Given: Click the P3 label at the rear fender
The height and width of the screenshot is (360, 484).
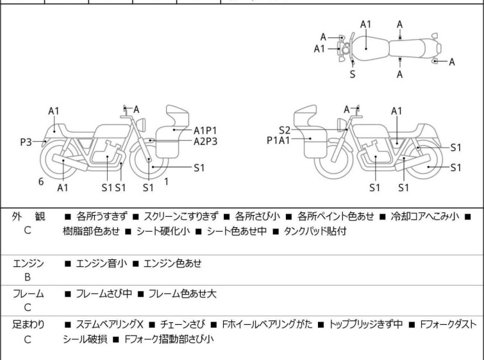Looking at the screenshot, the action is [x=26, y=142].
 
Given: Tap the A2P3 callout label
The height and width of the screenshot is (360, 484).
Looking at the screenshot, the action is [x=206, y=142].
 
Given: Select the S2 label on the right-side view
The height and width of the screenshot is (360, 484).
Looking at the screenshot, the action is [x=285, y=130].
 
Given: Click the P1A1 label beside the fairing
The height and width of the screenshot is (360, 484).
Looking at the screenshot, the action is [x=278, y=141].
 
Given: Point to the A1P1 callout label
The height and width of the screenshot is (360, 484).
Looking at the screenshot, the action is [x=205, y=131].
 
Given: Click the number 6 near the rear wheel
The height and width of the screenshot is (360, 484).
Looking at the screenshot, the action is [x=41, y=182].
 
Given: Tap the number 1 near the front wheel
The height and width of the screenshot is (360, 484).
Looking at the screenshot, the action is [x=167, y=182].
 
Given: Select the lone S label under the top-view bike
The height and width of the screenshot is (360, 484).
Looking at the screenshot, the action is [x=353, y=74].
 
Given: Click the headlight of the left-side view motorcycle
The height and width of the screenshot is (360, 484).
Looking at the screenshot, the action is [x=141, y=124].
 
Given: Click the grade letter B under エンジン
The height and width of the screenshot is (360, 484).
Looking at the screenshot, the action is [x=28, y=277].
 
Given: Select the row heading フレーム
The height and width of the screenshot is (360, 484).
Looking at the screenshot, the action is [x=28, y=293].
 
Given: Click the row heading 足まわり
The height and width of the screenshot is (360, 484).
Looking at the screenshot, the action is [x=28, y=324].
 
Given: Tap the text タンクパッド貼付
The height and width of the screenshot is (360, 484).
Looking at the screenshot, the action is [x=315, y=231].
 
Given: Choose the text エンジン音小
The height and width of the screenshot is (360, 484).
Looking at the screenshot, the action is [x=101, y=263].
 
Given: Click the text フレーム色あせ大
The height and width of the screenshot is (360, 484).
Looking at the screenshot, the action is [x=183, y=293].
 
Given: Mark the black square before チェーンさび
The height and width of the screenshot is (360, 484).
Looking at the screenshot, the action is [x=152, y=325].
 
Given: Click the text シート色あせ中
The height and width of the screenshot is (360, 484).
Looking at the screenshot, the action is [x=237, y=231].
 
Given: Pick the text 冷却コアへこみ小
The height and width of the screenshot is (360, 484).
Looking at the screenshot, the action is [x=425, y=216].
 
